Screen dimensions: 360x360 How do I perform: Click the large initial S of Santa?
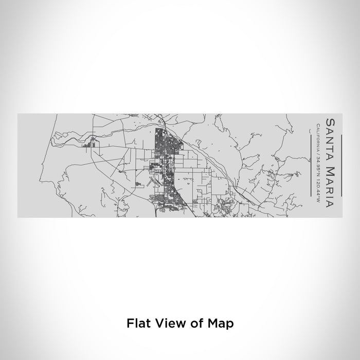pos(328,121)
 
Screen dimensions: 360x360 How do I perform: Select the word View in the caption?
pos(168,323)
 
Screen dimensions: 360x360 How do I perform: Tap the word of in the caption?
pos(196,323)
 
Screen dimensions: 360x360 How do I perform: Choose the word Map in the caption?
pos(222,323)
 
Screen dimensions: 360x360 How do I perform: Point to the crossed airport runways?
pos(153,182)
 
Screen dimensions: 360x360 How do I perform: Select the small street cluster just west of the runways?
pos(138,184)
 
